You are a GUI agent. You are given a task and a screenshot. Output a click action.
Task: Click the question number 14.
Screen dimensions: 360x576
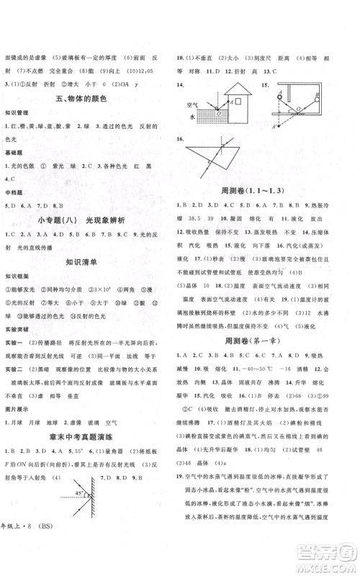coord(186,84)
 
